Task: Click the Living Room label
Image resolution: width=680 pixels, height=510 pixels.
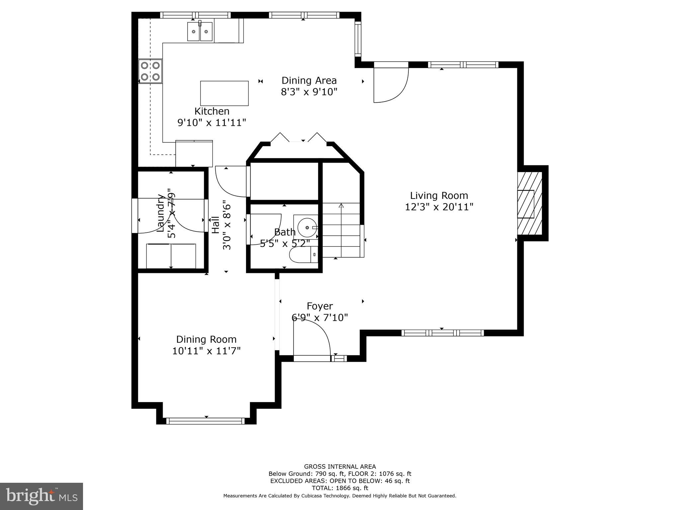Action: tap(439, 196)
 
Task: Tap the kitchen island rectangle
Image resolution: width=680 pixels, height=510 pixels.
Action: tap(224, 93)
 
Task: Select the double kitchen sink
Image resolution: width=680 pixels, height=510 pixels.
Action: tap(200, 31)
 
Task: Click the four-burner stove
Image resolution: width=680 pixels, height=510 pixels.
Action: tap(150, 71)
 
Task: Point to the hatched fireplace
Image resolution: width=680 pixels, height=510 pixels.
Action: tap(529, 203)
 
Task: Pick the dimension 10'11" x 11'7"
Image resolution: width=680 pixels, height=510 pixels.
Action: tap(206, 351)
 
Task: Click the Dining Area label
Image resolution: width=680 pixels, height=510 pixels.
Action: tap(309, 81)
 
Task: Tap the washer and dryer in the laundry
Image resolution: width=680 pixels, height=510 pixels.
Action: tap(171, 256)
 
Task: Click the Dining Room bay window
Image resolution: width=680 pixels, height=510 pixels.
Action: tap(206, 421)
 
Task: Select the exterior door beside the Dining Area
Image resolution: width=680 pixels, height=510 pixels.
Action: tap(390, 83)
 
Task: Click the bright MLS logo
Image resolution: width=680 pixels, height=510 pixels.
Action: tap(42, 496)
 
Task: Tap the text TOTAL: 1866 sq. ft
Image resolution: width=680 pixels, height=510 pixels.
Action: tap(340, 488)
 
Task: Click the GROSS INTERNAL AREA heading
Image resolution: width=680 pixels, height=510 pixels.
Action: tap(340, 467)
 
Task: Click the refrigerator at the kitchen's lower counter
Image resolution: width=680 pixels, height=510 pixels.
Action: tap(194, 153)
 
